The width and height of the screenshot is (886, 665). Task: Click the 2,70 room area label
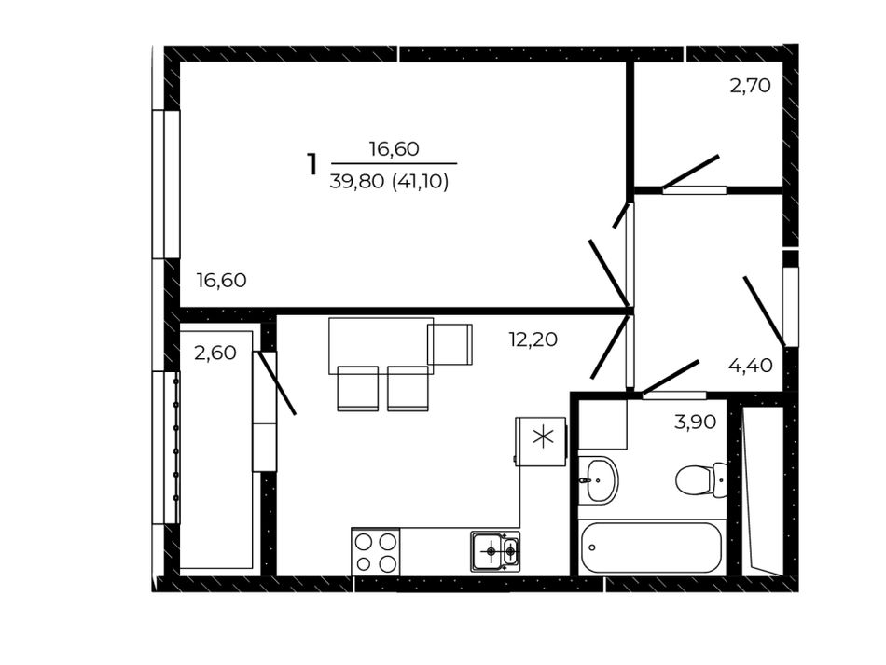click(751, 86)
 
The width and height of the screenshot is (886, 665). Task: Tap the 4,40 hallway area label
click(751, 366)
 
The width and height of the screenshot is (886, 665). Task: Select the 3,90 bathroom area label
click(695, 422)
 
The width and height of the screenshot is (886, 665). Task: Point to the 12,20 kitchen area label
click(533, 339)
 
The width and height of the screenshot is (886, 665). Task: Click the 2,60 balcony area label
click(215, 353)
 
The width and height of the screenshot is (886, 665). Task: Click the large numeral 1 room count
click(311, 164)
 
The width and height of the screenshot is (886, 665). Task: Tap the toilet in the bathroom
click(700, 479)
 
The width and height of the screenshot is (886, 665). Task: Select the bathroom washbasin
click(599, 480)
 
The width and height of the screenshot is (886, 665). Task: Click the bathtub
click(651, 547)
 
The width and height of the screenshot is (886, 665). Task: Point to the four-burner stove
click(375, 552)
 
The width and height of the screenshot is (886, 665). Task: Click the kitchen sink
click(495, 551)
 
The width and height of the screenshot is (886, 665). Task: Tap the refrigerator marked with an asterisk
click(541, 441)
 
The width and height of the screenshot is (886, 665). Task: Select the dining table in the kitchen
click(381, 345)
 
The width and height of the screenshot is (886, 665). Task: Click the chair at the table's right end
click(450, 344)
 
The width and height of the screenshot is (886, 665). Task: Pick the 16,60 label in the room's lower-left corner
click(222, 280)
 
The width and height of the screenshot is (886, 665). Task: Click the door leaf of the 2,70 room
click(690, 172)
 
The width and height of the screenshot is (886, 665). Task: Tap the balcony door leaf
click(275, 383)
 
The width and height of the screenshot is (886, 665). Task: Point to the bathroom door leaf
click(671, 376)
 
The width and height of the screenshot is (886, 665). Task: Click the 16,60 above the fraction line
click(394, 148)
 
